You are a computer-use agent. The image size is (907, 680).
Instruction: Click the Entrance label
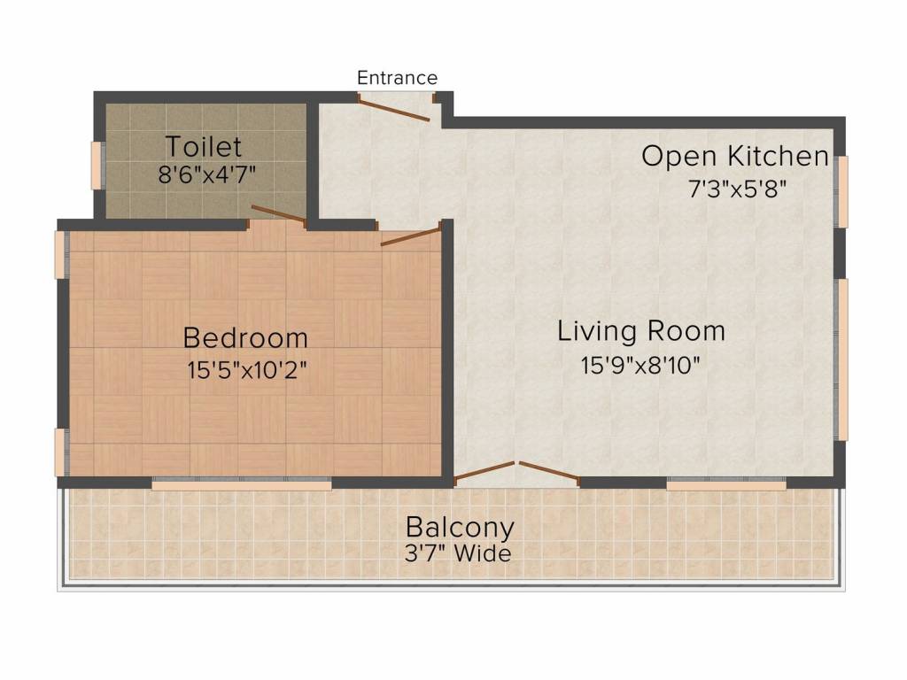coord(397,78)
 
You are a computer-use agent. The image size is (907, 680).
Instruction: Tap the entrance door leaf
coord(393,108)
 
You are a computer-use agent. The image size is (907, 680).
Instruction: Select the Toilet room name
coord(204,147)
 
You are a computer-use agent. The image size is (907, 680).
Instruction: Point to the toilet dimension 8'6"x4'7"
coord(207,174)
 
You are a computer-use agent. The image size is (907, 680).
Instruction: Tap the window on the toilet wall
coord(97,166)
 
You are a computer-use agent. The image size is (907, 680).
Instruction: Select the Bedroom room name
coord(245,337)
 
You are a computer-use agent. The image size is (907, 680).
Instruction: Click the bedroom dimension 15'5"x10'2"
coord(246,370)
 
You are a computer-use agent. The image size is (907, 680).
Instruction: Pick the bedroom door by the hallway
coord(411,236)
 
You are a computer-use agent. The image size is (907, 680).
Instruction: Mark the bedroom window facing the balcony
coord(242,484)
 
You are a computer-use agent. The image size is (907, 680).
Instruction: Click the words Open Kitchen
coord(735,156)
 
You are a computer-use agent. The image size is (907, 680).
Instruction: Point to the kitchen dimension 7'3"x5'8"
coord(738,189)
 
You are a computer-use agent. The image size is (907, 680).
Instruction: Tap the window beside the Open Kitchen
coord(843,192)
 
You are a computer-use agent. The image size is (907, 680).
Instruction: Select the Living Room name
coord(641,331)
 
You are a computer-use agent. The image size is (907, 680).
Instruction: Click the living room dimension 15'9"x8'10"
coord(640,366)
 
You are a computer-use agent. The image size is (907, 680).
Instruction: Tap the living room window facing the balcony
coord(726,484)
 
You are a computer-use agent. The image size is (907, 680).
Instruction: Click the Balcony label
coord(460,528)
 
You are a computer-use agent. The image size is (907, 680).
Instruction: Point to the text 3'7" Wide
coord(458,554)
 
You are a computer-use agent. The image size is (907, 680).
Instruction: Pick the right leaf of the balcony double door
coord(549,471)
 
